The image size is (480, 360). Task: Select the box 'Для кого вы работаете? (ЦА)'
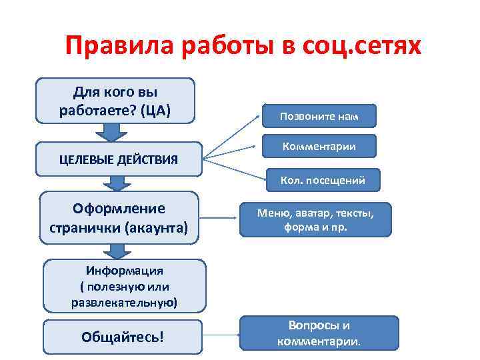click(116, 101)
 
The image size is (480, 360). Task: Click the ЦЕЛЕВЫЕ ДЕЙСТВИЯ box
click(119, 159)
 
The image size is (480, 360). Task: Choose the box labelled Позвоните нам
click(319, 116)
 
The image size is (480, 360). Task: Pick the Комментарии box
click(319, 146)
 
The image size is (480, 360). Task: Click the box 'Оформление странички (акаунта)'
click(119, 217)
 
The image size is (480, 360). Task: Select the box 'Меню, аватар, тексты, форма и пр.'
click(315, 219)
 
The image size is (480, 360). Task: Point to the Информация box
click(124, 286)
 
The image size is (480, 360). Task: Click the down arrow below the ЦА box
click(116, 133)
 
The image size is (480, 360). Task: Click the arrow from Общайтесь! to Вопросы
click(220, 334)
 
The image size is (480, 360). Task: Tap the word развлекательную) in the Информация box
click(124, 302)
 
